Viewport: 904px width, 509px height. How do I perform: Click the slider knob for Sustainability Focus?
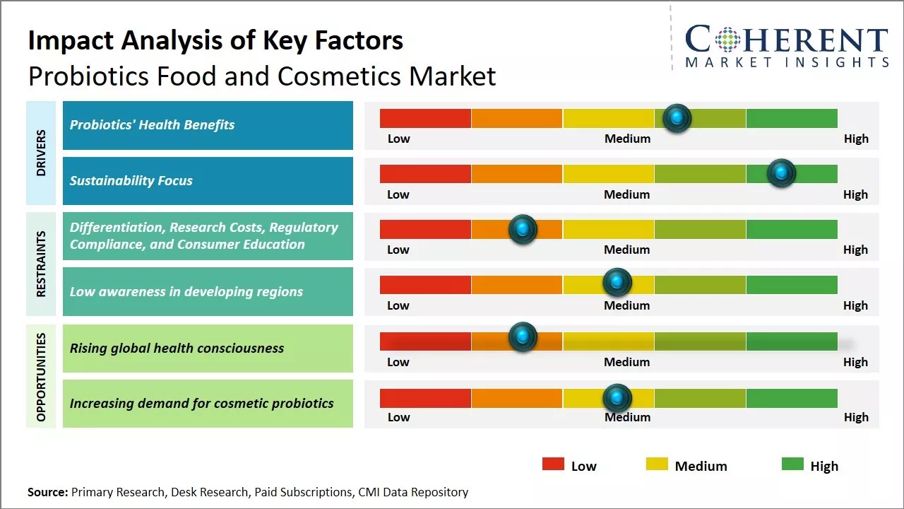[x=781, y=173]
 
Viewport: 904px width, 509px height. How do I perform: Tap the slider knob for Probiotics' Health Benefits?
[x=677, y=118]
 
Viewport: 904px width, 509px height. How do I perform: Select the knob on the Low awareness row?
[x=617, y=283]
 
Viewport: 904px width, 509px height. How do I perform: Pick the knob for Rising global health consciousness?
[x=523, y=337]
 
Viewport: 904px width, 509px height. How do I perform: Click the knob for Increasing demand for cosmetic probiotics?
[x=617, y=398]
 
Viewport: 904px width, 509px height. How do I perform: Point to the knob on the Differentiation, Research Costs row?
[x=523, y=229]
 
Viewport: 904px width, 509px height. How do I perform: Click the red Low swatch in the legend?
[x=553, y=464]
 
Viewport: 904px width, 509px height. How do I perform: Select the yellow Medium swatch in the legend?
[x=657, y=464]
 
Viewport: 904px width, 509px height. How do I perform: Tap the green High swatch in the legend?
[x=792, y=464]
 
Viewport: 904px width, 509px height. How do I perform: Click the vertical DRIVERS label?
[x=41, y=153]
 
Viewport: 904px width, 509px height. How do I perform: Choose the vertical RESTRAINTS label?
[x=41, y=264]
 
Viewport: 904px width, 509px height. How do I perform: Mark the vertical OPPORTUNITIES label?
[x=41, y=377]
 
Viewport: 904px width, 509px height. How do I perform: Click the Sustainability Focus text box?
[x=208, y=181]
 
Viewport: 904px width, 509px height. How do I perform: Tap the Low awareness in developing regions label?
[x=186, y=292]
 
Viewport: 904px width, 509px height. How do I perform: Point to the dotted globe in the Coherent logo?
[x=727, y=40]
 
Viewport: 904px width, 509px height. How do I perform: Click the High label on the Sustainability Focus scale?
[x=855, y=194]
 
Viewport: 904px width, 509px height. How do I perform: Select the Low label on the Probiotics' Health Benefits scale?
[x=398, y=139]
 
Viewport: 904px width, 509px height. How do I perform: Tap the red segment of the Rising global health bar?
[x=425, y=341]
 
